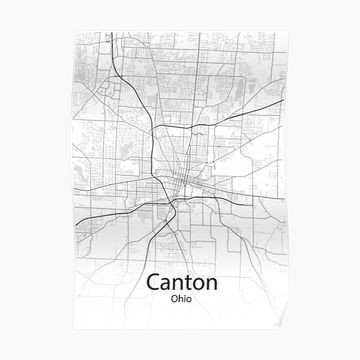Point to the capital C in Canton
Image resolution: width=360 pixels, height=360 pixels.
tap(153, 283)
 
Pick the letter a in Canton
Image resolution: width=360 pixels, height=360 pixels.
tap(164, 284)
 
